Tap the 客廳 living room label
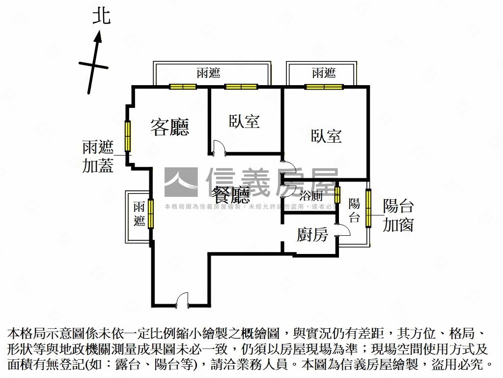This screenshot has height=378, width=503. [169, 127]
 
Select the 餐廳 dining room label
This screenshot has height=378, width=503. [230, 196]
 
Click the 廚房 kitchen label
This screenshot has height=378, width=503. [312, 235]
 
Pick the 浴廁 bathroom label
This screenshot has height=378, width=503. [311, 195]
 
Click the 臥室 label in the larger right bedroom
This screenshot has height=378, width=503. [326, 136]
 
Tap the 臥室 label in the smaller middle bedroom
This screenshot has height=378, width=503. [244, 121]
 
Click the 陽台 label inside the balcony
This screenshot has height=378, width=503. [354, 211]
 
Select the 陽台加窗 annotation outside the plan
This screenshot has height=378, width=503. [398, 215]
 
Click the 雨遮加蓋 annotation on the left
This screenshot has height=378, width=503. [98, 156]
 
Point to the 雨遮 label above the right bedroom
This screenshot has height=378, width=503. [324, 73]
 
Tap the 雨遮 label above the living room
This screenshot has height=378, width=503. [208, 73]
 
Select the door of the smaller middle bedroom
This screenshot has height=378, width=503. [219, 148]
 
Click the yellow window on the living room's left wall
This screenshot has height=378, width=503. [128, 136]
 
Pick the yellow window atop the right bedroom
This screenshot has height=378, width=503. [323, 87]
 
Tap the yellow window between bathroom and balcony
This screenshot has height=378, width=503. [337, 194]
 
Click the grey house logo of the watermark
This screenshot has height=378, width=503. [181, 182]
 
